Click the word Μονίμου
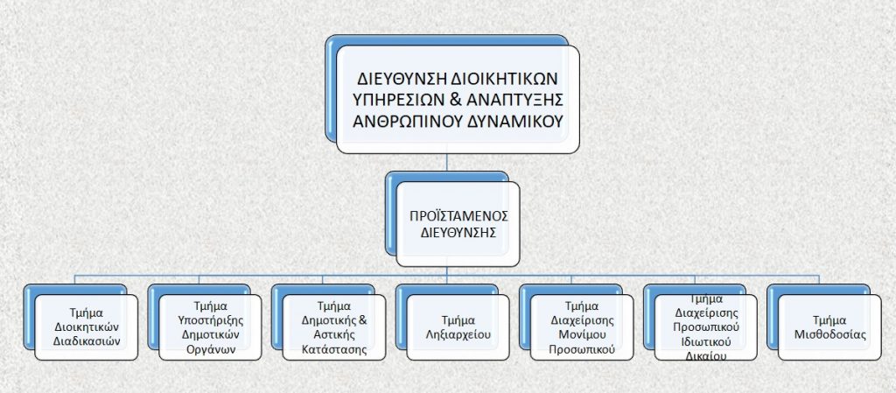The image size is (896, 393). tap(581, 334)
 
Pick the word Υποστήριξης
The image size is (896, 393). tap(209, 320)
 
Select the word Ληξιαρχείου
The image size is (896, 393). tap(458, 334)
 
